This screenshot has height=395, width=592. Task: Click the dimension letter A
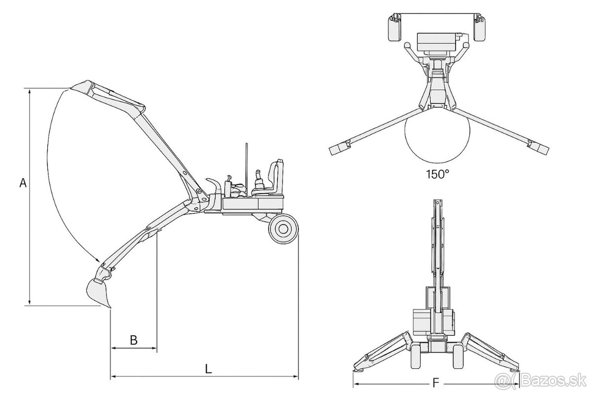point(23,183)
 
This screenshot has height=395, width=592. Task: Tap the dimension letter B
point(134,340)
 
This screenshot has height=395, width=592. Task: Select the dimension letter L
point(209,369)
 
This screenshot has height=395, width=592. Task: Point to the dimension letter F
point(435,383)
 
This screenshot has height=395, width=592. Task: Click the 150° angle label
point(438,174)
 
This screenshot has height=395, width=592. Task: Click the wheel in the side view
point(283,229)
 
